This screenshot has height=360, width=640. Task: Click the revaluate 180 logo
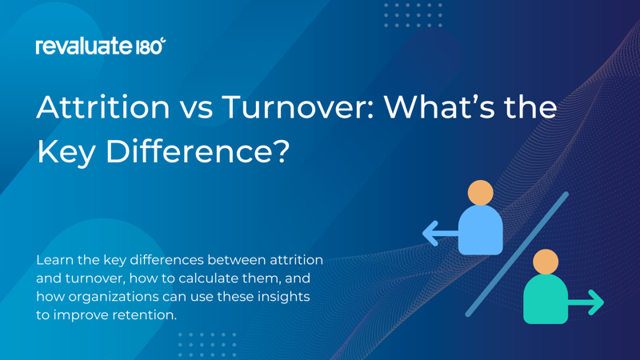(x=100, y=46)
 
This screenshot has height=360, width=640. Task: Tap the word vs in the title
(x=195, y=106)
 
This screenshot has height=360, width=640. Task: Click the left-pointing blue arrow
(x=439, y=234)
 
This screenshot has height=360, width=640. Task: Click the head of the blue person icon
(x=480, y=193)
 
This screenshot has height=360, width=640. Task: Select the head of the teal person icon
(x=546, y=262)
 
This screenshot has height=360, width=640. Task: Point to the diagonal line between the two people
(x=517, y=254)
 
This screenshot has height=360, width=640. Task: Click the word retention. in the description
(x=147, y=315)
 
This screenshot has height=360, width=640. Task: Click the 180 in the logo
(x=150, y=46)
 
